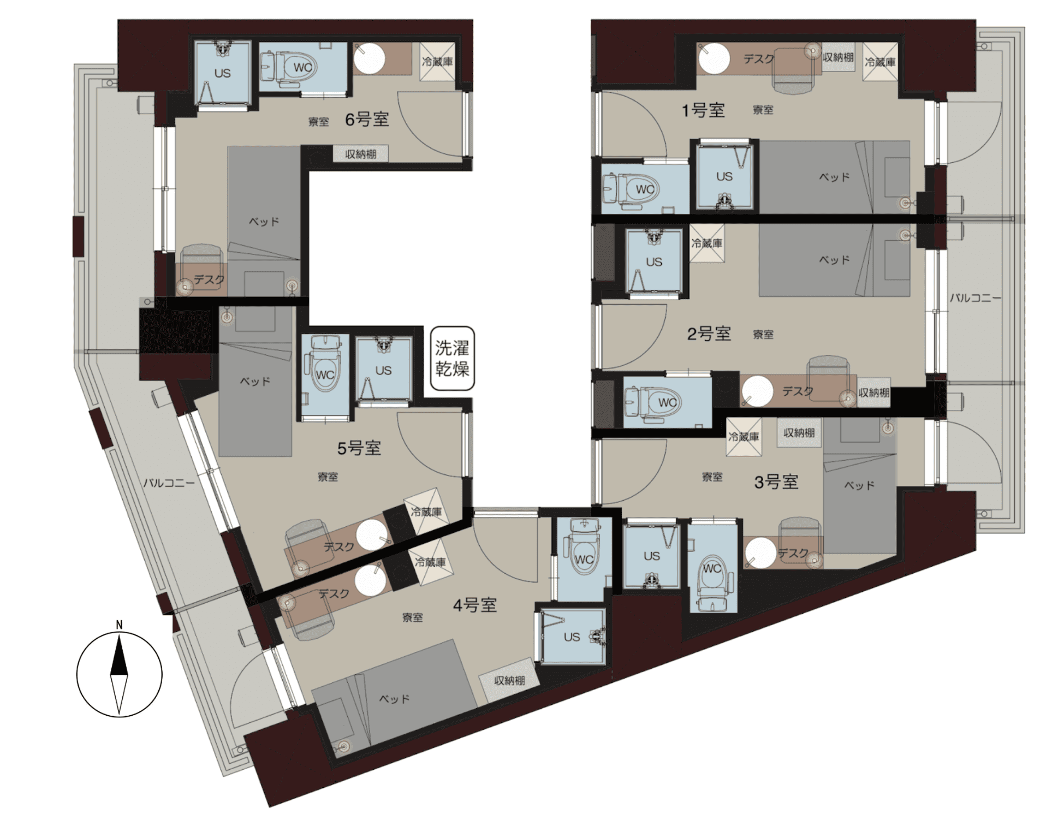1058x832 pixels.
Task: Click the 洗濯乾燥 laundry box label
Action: pos(452,358)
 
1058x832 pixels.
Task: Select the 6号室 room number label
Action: pos(367,119)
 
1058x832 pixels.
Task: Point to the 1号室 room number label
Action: pos(703,110)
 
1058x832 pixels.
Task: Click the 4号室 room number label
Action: pos(474,605)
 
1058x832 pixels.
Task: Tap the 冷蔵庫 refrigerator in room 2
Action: pos(707,243)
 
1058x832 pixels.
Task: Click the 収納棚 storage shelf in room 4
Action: pos(509,680)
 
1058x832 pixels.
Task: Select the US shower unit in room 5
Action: pos(383,370)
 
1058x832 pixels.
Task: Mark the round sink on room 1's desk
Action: pos(714,58)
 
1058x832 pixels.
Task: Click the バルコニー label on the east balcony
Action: pos(976,298)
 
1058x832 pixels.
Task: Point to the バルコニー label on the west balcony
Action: pos(169,483)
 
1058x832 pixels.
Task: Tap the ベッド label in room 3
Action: pos(859,485)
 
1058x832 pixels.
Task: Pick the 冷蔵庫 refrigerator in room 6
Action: pos(437,62)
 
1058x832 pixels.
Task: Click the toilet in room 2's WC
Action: pos(653,403)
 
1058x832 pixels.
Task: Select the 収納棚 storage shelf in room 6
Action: pos(361,154)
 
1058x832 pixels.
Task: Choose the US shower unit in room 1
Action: pos(724,176)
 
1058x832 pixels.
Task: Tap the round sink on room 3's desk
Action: pos(760,552)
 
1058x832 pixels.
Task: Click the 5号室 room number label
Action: pos(359,448)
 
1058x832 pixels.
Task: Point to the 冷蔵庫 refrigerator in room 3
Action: pos(744,437)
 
